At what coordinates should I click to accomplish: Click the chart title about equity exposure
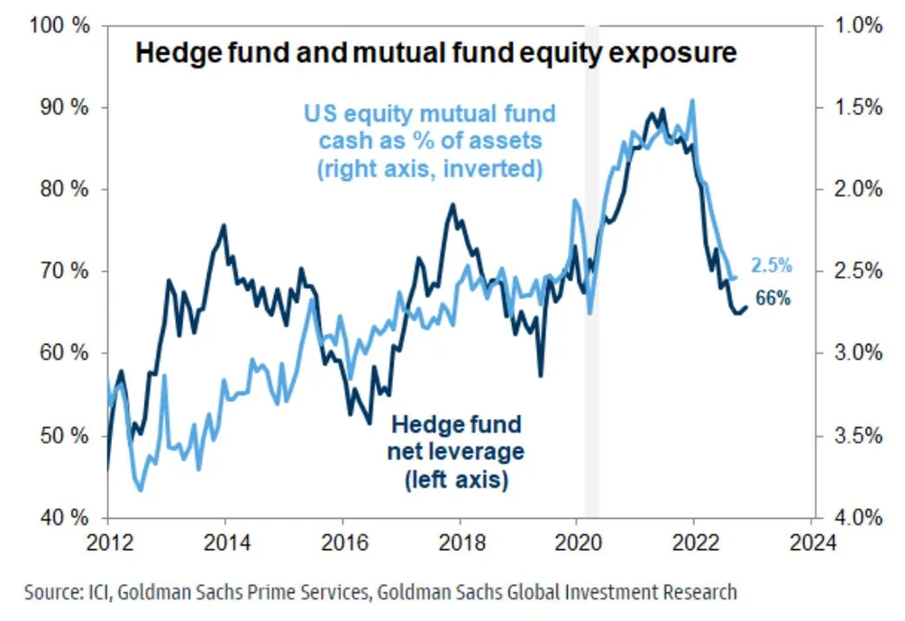click(435, 54)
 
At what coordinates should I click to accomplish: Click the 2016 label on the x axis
click(342, 544)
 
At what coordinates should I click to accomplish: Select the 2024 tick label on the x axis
click(811, 544)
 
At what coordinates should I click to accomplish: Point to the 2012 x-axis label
click(107, 544)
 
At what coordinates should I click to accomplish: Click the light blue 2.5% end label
click(772, 266)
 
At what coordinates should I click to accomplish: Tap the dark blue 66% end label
click(772, 299)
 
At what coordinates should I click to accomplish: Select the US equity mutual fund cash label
click(428, 142)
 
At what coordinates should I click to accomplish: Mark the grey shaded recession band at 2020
click(592, 270)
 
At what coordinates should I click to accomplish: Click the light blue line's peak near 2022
click(691, 100)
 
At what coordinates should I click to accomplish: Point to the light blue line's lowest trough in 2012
click(141, 489)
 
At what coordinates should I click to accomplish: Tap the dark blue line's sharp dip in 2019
click(540, 375)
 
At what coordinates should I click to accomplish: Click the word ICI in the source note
click(99, 592)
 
